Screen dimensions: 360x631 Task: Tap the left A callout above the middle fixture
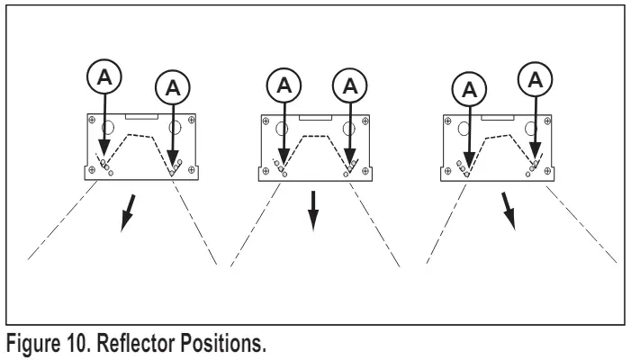tap(284, 86)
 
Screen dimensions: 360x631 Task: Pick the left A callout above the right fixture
tap(466, 88)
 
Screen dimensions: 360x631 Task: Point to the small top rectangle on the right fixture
tap(500, 117)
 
